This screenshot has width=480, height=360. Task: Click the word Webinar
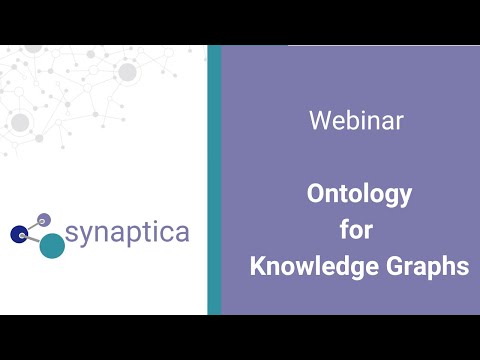(356, 122)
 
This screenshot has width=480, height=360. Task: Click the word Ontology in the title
(359, 194)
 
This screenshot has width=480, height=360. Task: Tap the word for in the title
(356, 230)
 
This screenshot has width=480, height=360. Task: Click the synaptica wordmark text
(127, 233)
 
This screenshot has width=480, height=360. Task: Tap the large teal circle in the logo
(52, 245)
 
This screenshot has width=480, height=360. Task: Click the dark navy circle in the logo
(18, 234)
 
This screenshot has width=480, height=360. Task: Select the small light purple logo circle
(43, 220)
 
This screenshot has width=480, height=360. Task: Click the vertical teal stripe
(214, 180)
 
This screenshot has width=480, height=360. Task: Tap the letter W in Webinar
(319, 122)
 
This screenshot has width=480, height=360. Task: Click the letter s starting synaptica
(72, 234)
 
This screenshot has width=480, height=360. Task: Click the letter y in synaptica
(86, 237)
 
